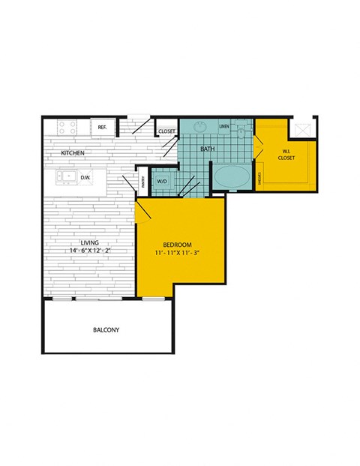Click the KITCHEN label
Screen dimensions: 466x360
point(73,153)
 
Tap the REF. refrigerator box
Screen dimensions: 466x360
point(102,128)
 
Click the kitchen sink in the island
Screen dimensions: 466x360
point(65,177)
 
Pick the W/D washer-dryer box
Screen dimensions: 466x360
point(161,181)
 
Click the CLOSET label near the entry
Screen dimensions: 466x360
point(166,132)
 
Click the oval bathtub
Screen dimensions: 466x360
point(232,179)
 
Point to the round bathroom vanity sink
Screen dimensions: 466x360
point(201,127)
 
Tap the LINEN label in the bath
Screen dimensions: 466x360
point(223,127)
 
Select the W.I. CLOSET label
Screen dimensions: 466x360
point(286,155)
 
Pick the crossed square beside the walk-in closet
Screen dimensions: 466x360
point(304,128)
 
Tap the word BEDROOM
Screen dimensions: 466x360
point(178,245)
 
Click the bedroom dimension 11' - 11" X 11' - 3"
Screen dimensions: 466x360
point(178,254)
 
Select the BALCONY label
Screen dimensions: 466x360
point(106,330)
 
